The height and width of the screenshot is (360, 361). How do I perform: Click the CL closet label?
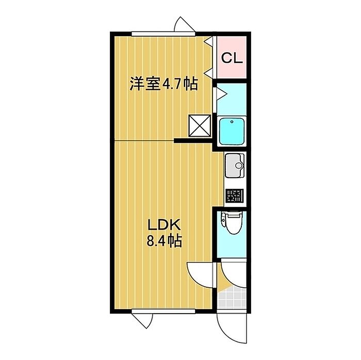pos(232,58)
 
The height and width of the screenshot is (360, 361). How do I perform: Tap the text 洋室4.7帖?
pos(163,84)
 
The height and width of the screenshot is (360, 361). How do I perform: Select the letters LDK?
pos(163,225)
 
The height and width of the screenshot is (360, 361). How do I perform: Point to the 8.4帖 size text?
pos(165,240)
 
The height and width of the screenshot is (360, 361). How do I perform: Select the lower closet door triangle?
pos(208,66)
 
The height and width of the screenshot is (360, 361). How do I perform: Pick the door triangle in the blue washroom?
pos(218,93)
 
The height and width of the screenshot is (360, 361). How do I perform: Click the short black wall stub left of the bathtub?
pos(193,140)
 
